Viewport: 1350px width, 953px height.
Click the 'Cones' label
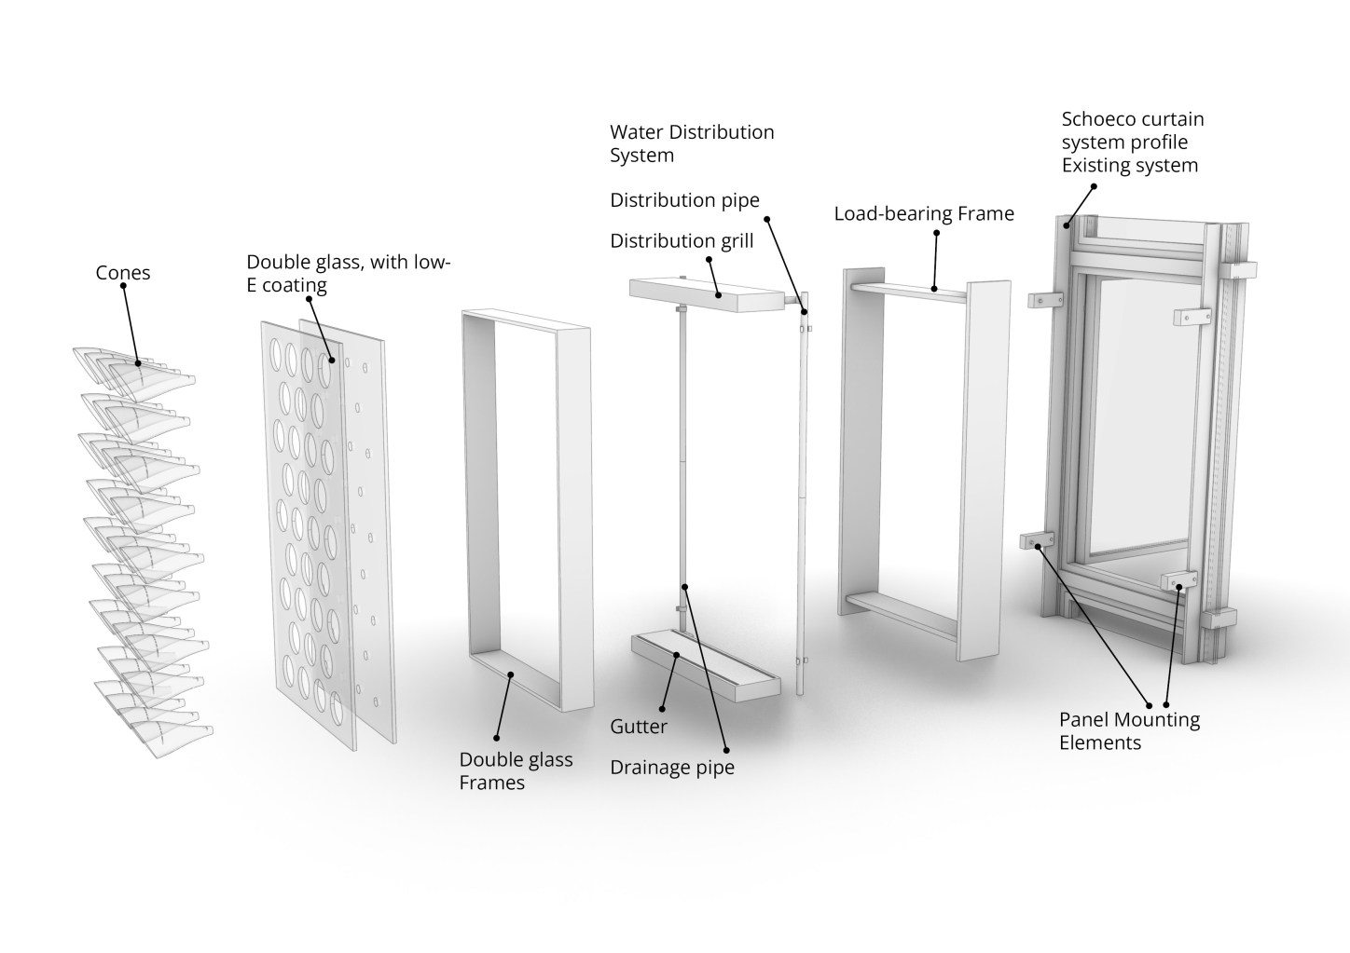coord(122,273)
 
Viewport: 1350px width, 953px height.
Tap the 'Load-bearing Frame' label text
coord(923,214)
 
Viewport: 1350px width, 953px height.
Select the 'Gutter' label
coord(639,726)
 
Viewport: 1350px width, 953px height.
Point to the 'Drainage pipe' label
coord(671,768)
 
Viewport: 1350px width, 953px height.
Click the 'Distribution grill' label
coord(682,241)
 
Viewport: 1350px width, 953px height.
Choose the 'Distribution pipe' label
coord(684,200)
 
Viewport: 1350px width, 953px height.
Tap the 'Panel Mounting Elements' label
coord(1129,730)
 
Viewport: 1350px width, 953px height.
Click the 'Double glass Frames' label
coord(516,771)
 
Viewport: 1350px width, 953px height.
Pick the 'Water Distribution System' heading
coord(692,143)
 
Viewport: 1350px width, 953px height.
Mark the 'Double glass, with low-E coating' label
coord(348,273)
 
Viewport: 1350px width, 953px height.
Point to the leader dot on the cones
coord(137,362)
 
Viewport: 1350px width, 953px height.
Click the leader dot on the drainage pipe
coord(684,586)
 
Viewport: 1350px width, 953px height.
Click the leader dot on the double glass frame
coord(510,674)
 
